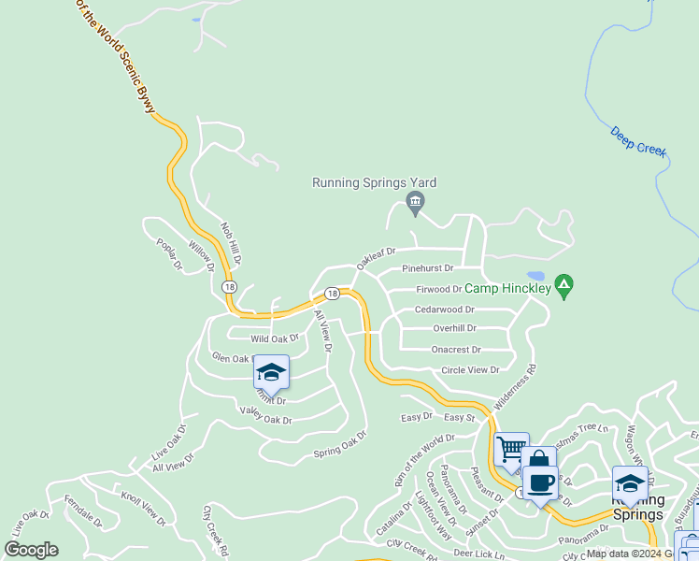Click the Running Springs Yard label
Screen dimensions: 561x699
(374, 183)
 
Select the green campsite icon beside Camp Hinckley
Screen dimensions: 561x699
(563, 284)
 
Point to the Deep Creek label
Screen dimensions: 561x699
(639, 142)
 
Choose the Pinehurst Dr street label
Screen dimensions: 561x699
(427, 268)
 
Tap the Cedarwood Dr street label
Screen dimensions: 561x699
(444, 309)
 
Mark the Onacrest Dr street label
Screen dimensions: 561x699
(456, 350)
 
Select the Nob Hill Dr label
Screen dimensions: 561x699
(231, 243)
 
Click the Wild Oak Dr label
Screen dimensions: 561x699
(274, 338)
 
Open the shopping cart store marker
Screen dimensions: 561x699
(511, 451)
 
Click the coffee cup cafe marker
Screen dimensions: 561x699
(540, 482)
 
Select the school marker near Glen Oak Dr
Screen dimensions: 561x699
(271, 373)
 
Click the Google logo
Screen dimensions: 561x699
(31, 550)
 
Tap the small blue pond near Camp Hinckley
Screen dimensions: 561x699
(535, 276)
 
